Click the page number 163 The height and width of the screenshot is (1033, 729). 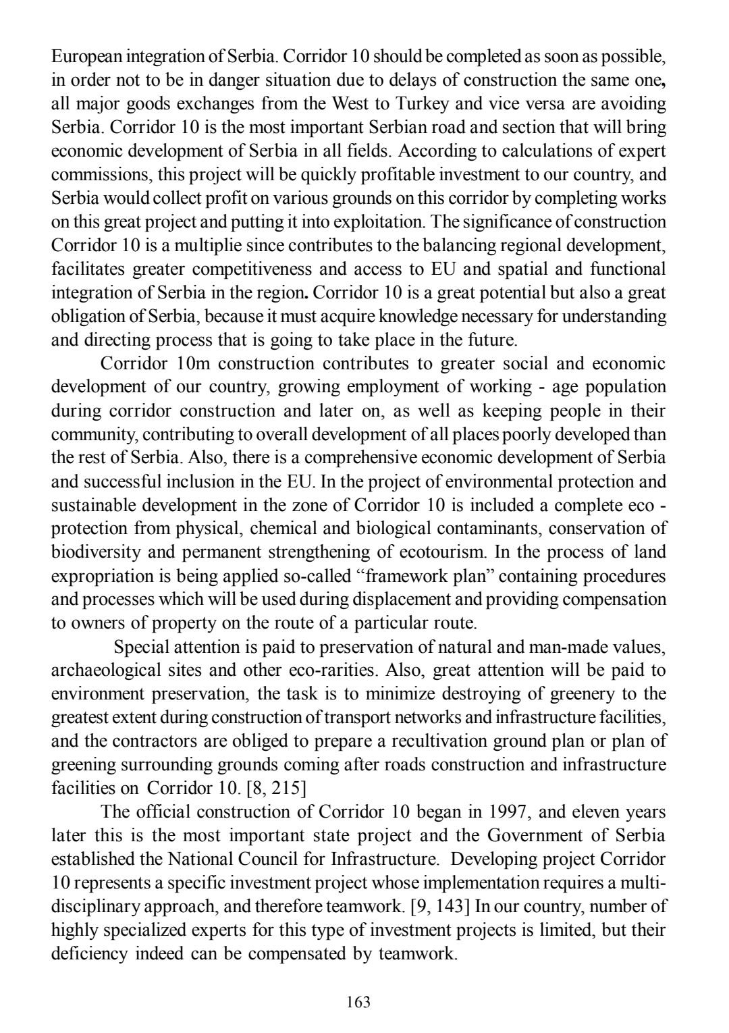(358, 1001)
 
